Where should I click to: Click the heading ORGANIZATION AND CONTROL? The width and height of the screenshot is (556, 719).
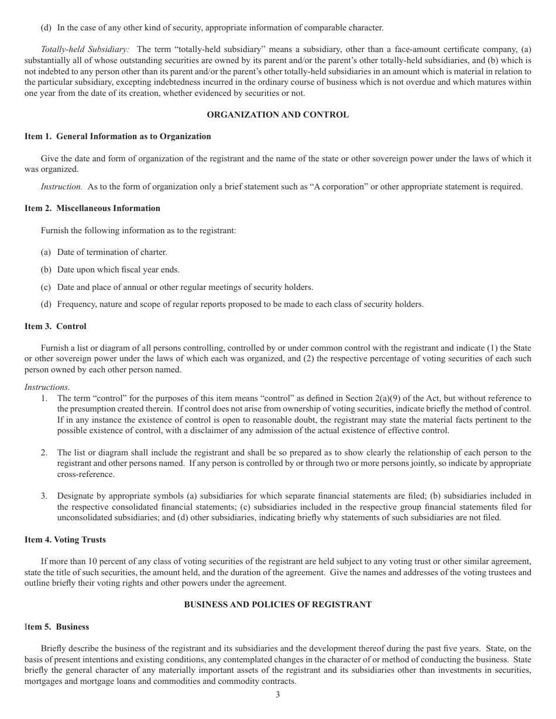coord(277,115)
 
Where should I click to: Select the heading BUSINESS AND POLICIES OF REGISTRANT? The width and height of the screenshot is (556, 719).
coord(277,604)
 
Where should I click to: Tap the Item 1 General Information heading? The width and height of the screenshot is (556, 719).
coord(118,136)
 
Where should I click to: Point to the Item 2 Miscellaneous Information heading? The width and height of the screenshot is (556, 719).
coord(92,208)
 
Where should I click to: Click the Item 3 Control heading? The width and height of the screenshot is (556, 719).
coord(55,326)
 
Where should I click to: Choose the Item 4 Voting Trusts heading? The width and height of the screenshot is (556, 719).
coord(65,540)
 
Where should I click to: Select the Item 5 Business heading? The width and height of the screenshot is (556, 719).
coord(57,627)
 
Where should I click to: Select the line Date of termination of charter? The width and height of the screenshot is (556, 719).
coord(112,252)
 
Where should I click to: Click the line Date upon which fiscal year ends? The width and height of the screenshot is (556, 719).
coord(118,269)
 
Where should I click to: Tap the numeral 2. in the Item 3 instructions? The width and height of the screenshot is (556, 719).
coord(44,452)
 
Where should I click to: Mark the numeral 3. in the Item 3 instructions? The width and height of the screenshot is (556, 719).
coord(44,496)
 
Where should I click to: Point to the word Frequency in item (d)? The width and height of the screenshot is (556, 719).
coord(76,304)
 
